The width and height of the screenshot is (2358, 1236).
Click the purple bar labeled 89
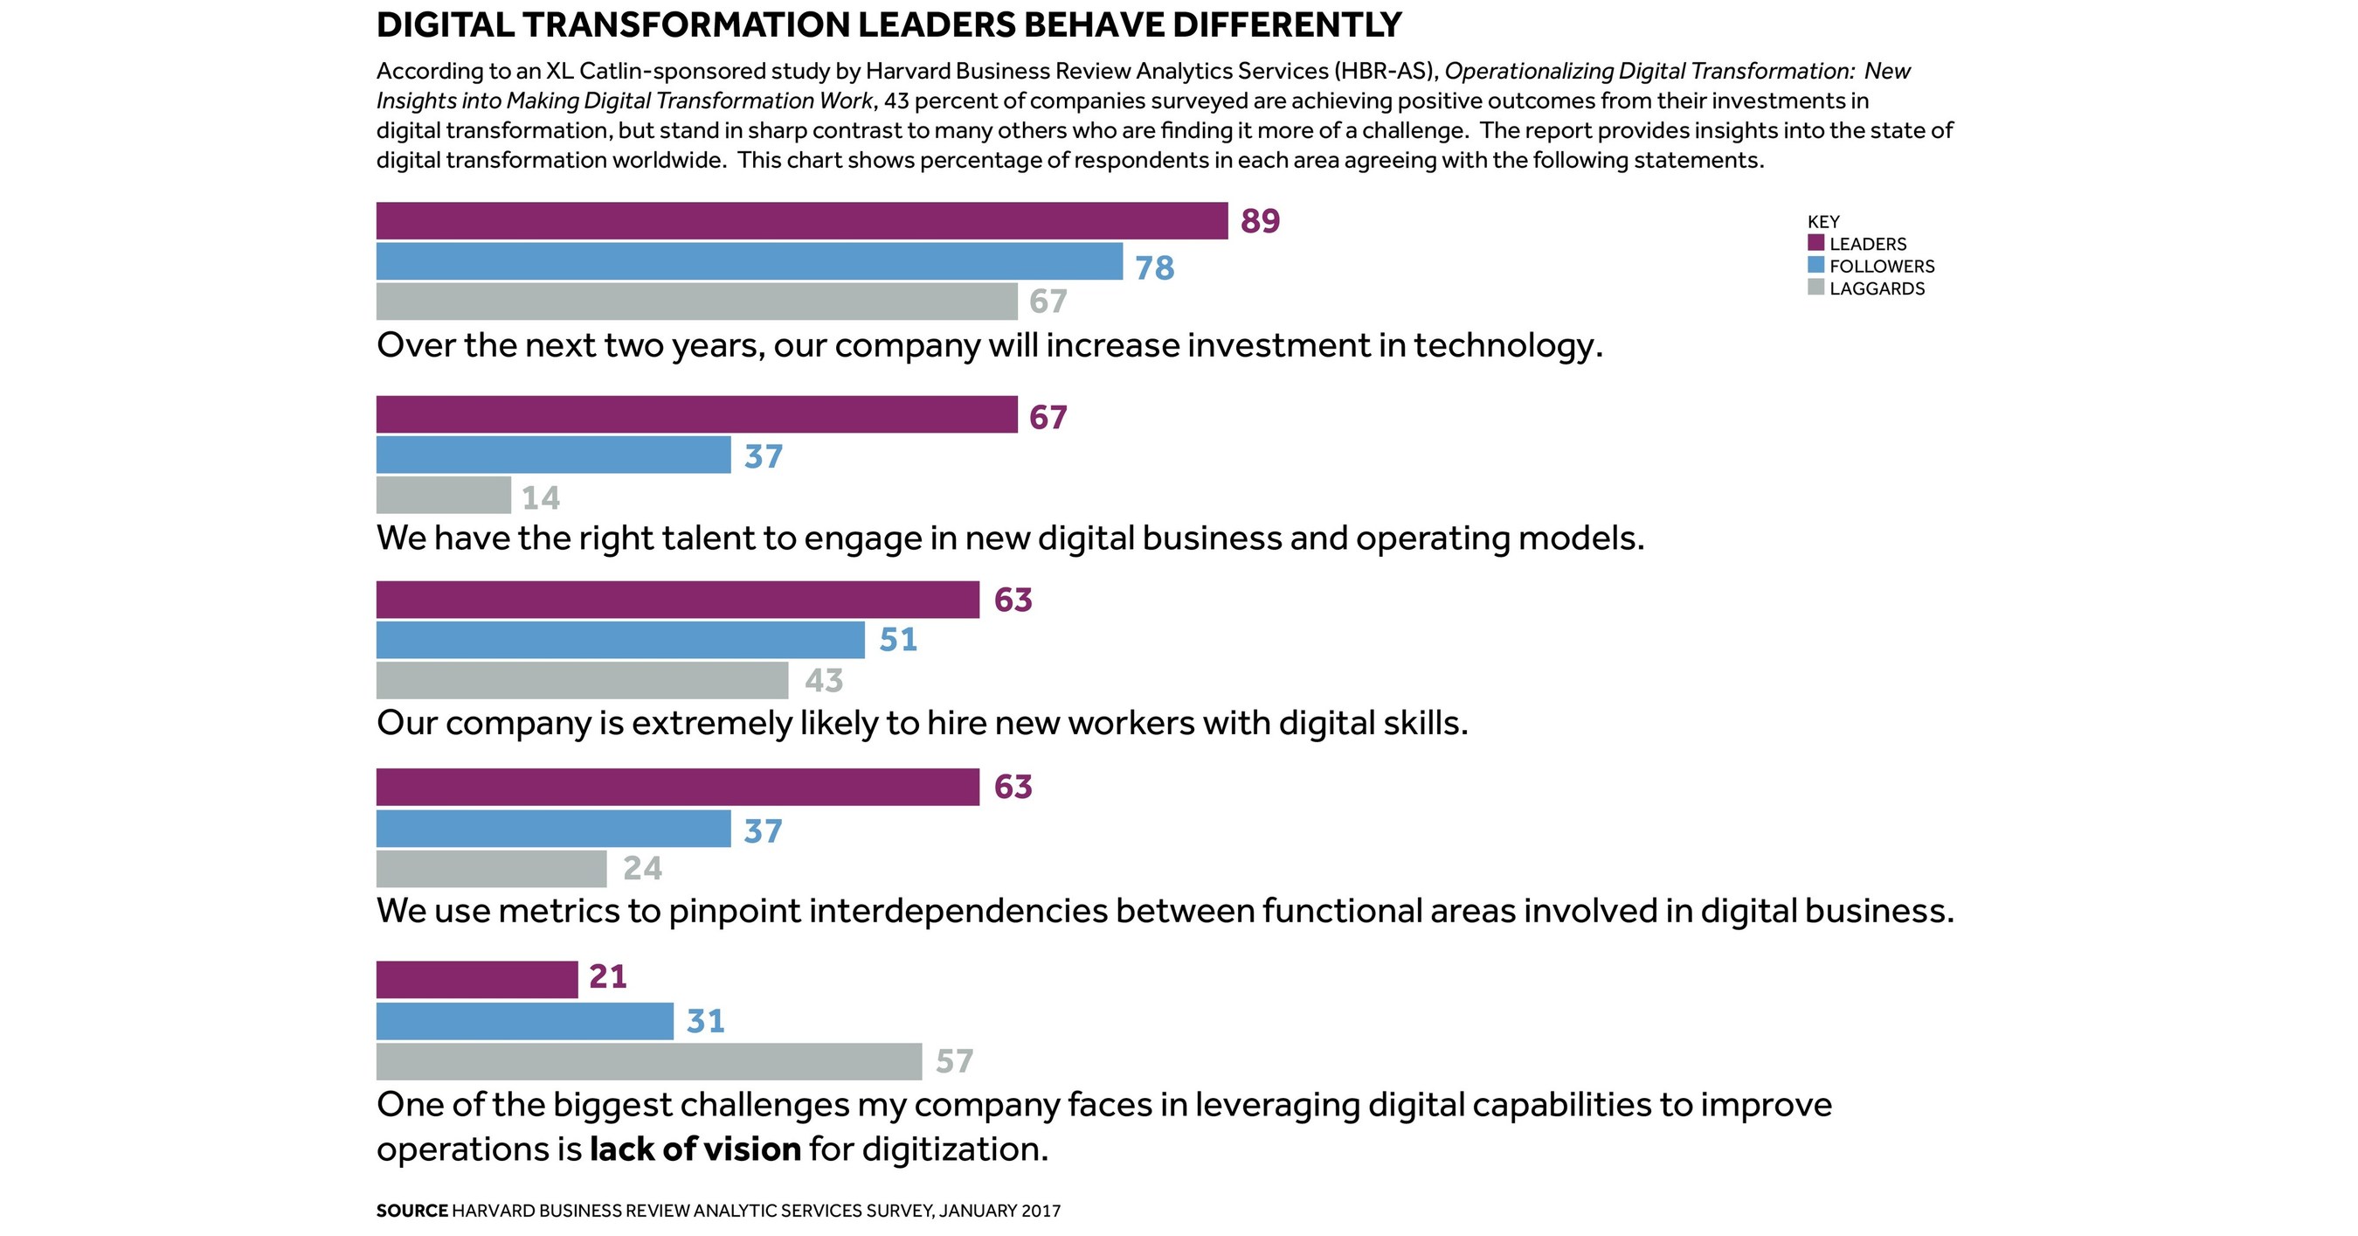(x=801, y=220)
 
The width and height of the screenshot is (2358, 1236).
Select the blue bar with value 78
(x=749, y=261)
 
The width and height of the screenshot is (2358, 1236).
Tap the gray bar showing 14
(x=443, y=496)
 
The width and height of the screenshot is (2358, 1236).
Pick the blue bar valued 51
(x=619, y=640)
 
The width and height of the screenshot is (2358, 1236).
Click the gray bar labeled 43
(x=582, y=680)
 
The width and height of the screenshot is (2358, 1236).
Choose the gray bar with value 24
(x=491, y=869)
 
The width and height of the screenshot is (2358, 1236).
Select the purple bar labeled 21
(x=477, y=980)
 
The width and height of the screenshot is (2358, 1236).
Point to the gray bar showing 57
(x=648, y=1061)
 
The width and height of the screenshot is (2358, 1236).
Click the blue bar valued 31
(x=524, y=1021)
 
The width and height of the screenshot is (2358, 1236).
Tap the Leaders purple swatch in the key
(x=1816, y=243)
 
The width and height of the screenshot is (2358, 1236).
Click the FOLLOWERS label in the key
(x=1881, y=267)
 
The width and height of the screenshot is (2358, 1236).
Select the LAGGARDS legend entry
(x=1877, y=288)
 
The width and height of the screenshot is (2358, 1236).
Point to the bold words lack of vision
(x=695, y=1149)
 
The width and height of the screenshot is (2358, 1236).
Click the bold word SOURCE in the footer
(x=411, y=1211)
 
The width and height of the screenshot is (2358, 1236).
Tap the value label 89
(x=1260, y=220)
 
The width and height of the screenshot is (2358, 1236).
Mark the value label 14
(x=540, y=497)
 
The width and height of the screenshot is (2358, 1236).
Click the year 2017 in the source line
(x=1041, y=1211)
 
